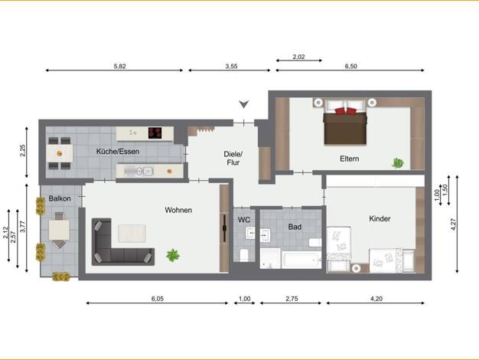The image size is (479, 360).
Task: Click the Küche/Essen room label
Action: tap(118, 152)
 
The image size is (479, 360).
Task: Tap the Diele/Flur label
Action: tap(233, 158)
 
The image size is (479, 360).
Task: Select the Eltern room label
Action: tap(350, 159)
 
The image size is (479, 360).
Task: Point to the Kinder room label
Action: tap(380, 219)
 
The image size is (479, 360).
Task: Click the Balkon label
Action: tap(60, 198)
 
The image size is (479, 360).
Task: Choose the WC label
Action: tap(244, 220)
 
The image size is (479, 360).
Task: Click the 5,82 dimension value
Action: tap(119, 66)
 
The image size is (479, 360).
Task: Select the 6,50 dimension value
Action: tap(350, 66)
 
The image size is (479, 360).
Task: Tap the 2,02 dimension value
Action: tap(298, 57)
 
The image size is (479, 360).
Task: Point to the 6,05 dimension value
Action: tap(158, 299)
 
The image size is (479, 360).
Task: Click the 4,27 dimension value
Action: tap(453, 224)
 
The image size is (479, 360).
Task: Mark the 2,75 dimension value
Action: tap(292, 299)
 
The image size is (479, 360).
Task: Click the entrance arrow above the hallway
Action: tap(244, 104)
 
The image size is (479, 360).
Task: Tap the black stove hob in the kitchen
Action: tap(155, 133)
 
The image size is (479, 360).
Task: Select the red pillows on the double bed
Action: tap(346, 111)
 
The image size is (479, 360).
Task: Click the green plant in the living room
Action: tap(173, 255)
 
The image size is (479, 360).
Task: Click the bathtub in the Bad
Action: tap(301, 260)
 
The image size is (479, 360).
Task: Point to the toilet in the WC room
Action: tap(244, 255)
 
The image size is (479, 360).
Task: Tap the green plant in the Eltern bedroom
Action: tap(398, 163)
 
